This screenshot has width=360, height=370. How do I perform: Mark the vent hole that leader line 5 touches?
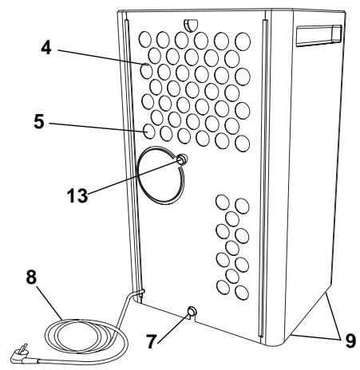coord(149,129)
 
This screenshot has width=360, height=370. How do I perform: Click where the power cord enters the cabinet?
coord(140,296)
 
